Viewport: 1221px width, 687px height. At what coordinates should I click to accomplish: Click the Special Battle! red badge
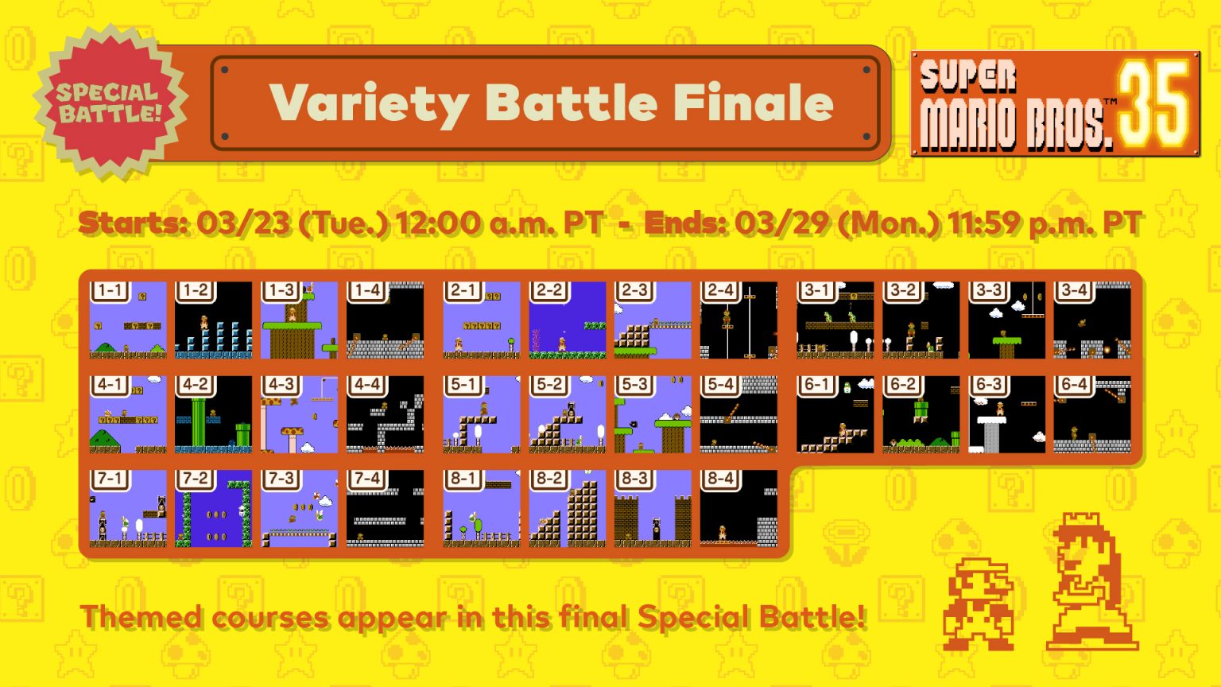(x=110, y=103)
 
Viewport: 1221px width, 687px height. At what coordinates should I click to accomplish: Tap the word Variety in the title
(x=369, y=104)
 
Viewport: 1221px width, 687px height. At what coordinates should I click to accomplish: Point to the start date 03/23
(x=243, y=223)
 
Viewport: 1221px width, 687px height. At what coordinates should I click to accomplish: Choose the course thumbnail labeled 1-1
(x=128, y=320)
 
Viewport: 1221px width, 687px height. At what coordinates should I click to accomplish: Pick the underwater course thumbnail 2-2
(x=567, y=320)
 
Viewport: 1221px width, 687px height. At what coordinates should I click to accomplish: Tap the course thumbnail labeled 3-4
(x=1091, y=320)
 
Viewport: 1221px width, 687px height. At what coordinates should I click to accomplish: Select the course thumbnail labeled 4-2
(x=214, y=414)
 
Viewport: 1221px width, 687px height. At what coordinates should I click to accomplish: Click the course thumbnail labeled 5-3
(x=653, y=414)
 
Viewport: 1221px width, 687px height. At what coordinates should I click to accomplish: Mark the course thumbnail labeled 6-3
(x=1007, y=414)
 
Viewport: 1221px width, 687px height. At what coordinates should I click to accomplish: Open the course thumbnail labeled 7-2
(x=214, y=509)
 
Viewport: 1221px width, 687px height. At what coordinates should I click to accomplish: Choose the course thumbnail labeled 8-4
(x=738, y=509)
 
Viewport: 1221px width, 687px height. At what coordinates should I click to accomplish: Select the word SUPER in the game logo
(x=968, y=76)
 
